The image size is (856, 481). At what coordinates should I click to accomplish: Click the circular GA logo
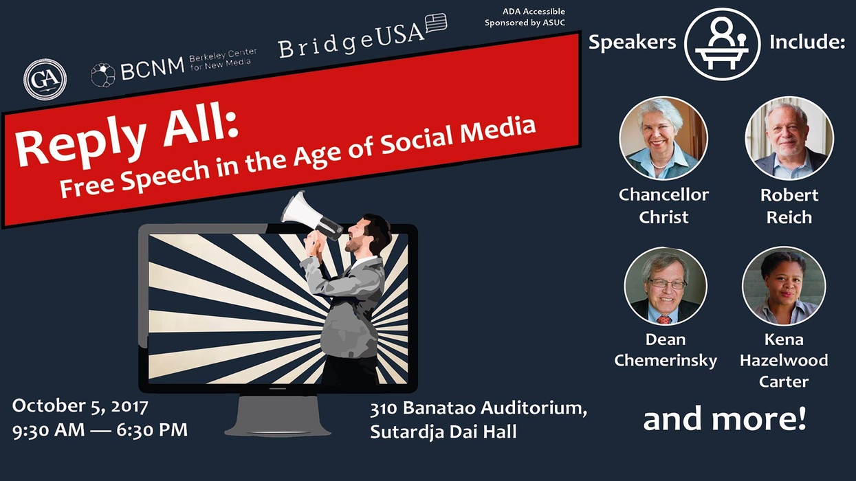pyautogui.click(x=45, y=79)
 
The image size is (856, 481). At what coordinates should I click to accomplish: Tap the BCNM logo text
pyautogui.click(x=153, y=69)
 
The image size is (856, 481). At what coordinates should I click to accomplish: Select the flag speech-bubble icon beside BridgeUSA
pyautogui.click(x=436, y=23)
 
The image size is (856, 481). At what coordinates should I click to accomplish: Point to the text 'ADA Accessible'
pyautogui.click(x=534, y=12)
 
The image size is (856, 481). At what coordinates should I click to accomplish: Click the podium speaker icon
pyautogui.click(x=722, y=44)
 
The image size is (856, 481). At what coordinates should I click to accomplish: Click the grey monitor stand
pyautogui.click(x=278, y=415)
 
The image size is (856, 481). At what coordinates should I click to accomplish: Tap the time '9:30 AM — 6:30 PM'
pyautogui.click(x=100, y=429)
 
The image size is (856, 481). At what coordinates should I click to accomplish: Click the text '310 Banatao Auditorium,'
pyautogui.click(x=479, y=408)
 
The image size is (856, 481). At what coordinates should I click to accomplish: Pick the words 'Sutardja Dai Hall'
pyautogui.click(x=443, y=432)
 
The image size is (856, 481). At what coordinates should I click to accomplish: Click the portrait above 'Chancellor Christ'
pyautogui.click(x=663, y=138)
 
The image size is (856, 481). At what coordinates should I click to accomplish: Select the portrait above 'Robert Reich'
pyautogui.click(x=789, y=138)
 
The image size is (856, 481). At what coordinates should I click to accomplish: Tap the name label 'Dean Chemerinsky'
pyautogui.click(x=666, y=350)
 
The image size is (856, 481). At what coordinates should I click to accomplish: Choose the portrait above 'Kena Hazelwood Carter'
pyautogui.click(x=784, y=286)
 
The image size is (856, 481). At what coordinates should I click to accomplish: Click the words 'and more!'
pyautogui.click(x=725, y=419)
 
